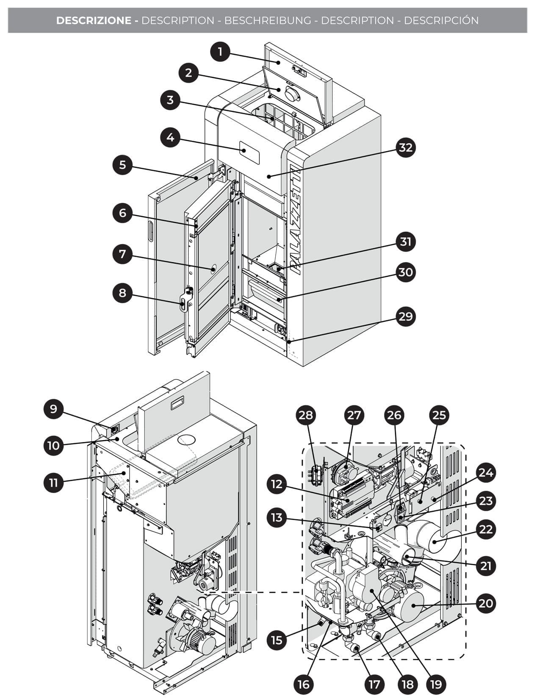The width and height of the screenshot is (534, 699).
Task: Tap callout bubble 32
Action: point(405,147)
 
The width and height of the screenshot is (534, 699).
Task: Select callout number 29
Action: point(405,316)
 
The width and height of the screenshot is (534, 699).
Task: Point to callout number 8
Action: point(122,293)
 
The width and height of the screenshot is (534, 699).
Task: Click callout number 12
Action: point(276,484)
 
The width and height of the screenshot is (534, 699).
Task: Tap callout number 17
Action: point(374,684)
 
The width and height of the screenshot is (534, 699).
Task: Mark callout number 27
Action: point(354,415)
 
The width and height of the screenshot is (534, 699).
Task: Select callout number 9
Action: point(53,409)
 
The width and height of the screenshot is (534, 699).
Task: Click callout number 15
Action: point(276,639)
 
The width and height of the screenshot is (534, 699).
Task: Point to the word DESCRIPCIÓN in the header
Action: point(441,20)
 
